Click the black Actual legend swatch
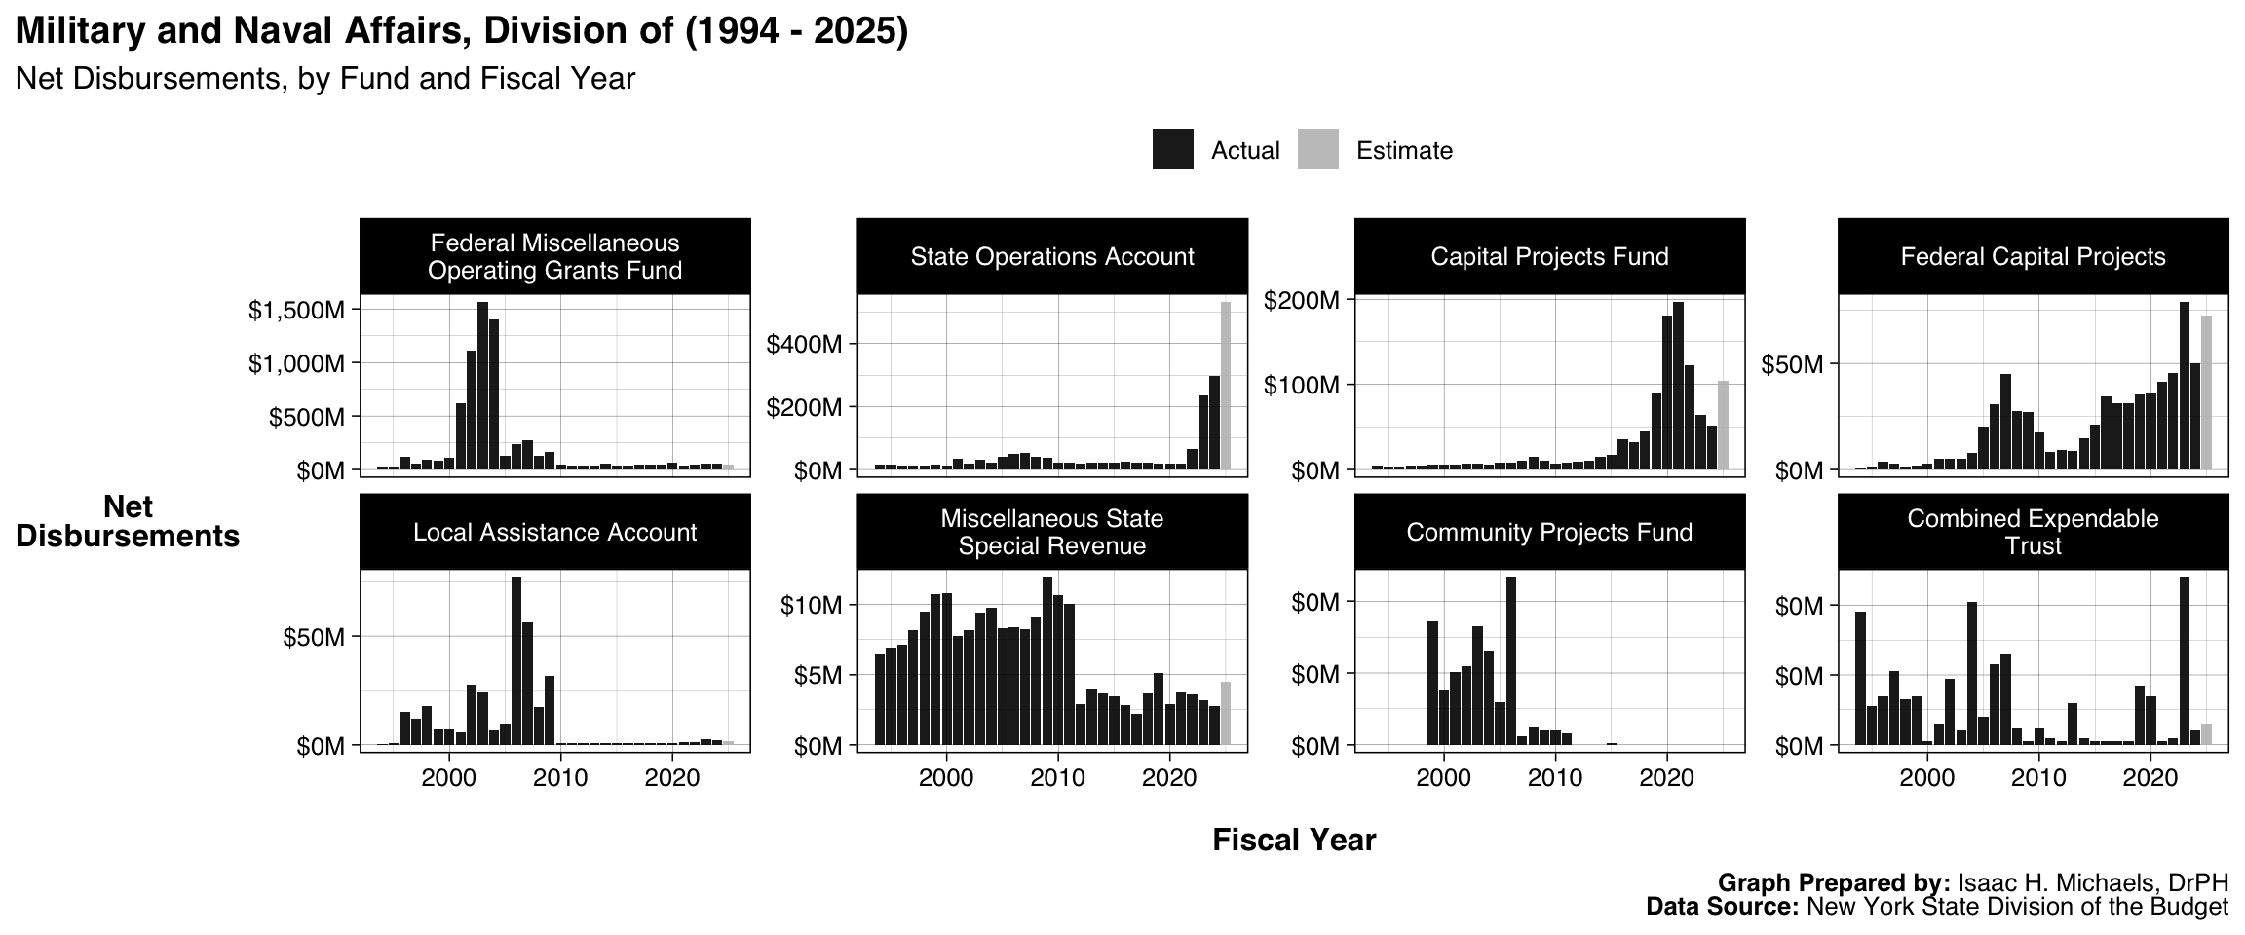pos(1172,150)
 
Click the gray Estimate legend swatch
pos(1317,150)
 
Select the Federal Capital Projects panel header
pos(2033,256)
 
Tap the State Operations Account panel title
pos(1051,256)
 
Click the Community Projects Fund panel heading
pos(1549,532)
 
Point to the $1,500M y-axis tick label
pos(296,311)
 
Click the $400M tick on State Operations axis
pos(804,344)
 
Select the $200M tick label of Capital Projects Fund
pos(1302,300)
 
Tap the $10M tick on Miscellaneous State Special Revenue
pos(811,605)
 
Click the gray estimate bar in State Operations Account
pos(1226,386)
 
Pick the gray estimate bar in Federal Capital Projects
pos(2206,393)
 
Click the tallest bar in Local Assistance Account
pos(516,661)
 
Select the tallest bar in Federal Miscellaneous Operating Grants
pos(482,386)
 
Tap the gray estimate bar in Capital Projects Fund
pos(1723,426)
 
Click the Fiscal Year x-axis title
pos(1294,840)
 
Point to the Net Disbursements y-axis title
pos(128,522)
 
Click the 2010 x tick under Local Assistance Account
pos(560,778)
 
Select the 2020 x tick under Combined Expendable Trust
pos(2150,778)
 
